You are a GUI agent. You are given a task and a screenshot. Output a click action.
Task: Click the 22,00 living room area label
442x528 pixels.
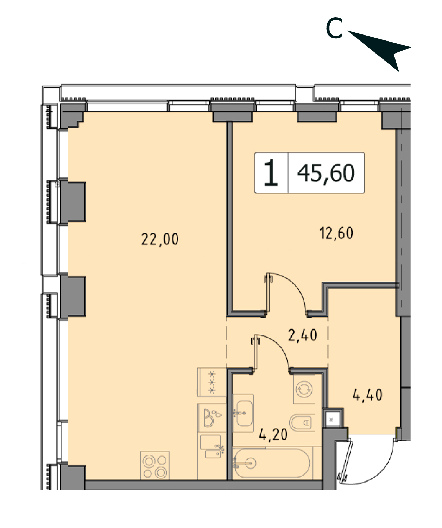pyautogui.click(x=160, y=239)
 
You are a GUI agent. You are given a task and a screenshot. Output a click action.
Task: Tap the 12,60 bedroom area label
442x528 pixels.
pyautogui.click(x=336, y=233)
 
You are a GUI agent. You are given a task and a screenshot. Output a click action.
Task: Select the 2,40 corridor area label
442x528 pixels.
pyautogui.click(x=302, y=335)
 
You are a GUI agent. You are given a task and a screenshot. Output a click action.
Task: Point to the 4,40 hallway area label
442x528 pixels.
pyautogui.click(x=367, y=395)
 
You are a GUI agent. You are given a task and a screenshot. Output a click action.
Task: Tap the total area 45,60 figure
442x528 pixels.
pyautogui.click(x=326, y=173)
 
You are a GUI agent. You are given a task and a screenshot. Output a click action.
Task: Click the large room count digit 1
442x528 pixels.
pyautogui.click(x=271, y=172)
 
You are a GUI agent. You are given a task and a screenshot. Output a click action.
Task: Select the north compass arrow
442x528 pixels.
pyautogui.click(x=379, y=51)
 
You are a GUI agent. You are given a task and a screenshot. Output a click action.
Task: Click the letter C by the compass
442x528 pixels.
pyautogui.click(x=334, y=28)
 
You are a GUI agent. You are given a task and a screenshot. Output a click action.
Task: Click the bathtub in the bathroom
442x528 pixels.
pyautogui.click(x=272, y=463)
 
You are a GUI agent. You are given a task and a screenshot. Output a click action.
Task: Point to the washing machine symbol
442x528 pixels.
pyautogui.click(x=304, y=389)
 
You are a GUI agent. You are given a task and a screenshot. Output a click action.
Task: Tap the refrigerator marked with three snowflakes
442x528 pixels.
pyautogui.click(x=211, y=382)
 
